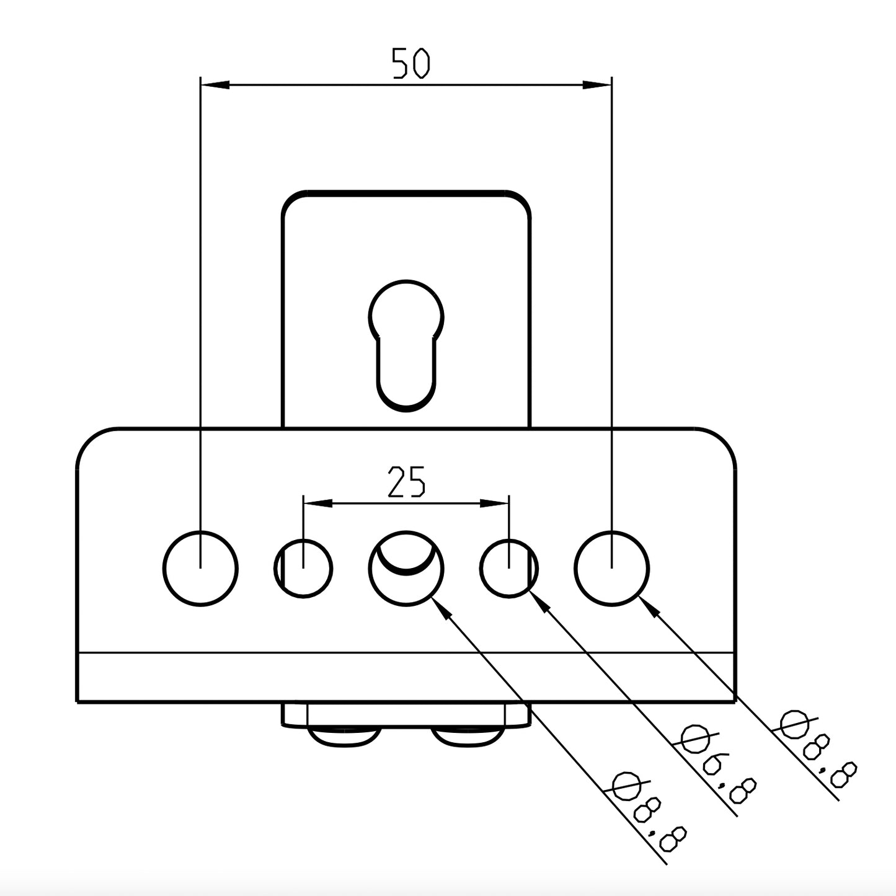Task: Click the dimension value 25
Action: (x=406, y=482)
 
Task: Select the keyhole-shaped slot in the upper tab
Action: (x=406, y=344)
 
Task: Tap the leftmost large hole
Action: (x=200, y=568)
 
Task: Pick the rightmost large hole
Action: (x=611, y=568)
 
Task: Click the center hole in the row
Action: (x=406, y=568)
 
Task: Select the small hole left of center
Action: (x=303, y=568)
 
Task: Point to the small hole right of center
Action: (x=509, y=568)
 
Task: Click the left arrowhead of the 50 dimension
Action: (x=215, y=84)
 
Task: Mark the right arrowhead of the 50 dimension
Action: (x=597, y=84)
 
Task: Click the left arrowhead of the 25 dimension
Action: (x=317, y=503)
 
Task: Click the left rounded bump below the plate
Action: (x=342, y=736)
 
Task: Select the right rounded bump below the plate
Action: (x=468, y=736)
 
